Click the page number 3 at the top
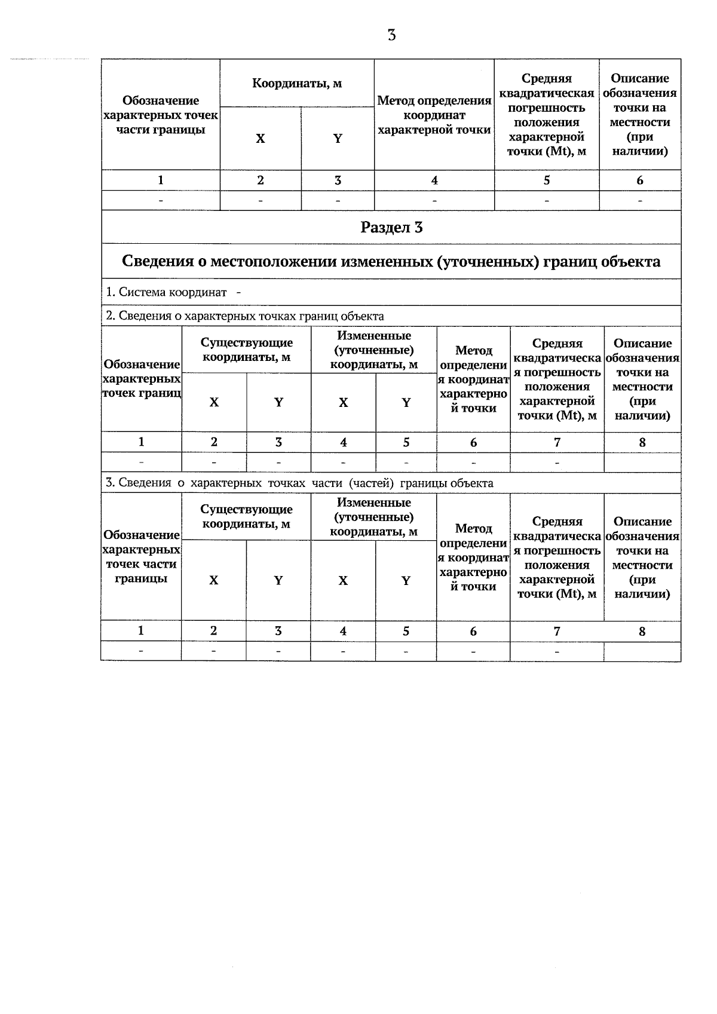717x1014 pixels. [x=391, y=35]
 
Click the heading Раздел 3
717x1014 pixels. [x=391, y=228]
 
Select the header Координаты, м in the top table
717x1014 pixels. [x=297, y=84]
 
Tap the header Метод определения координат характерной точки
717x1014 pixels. [x=434, y=115]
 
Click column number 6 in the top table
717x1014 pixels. [x=640, y=180]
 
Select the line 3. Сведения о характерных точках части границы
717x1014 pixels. [x=299, y=483]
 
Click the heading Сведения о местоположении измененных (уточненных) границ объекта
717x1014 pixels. [x=391, y=262]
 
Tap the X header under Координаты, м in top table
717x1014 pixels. [x=261, y=139]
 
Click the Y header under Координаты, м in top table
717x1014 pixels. [x=338, y=139]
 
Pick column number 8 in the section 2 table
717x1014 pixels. [x=642, y=443]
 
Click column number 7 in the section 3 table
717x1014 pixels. [x=557, y=631]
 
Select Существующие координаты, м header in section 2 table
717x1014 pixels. [x=246, y=350]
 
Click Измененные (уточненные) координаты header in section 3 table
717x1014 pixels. [x=374, y=517]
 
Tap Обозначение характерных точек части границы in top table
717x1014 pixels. [x=161, y=115]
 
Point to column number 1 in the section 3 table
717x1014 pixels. [x=141, y=631]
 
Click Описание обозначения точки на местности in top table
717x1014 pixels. [x=640, y=115]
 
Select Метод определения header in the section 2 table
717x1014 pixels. [x=473, y=379]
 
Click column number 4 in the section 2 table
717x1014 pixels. [x=343, y=443]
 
